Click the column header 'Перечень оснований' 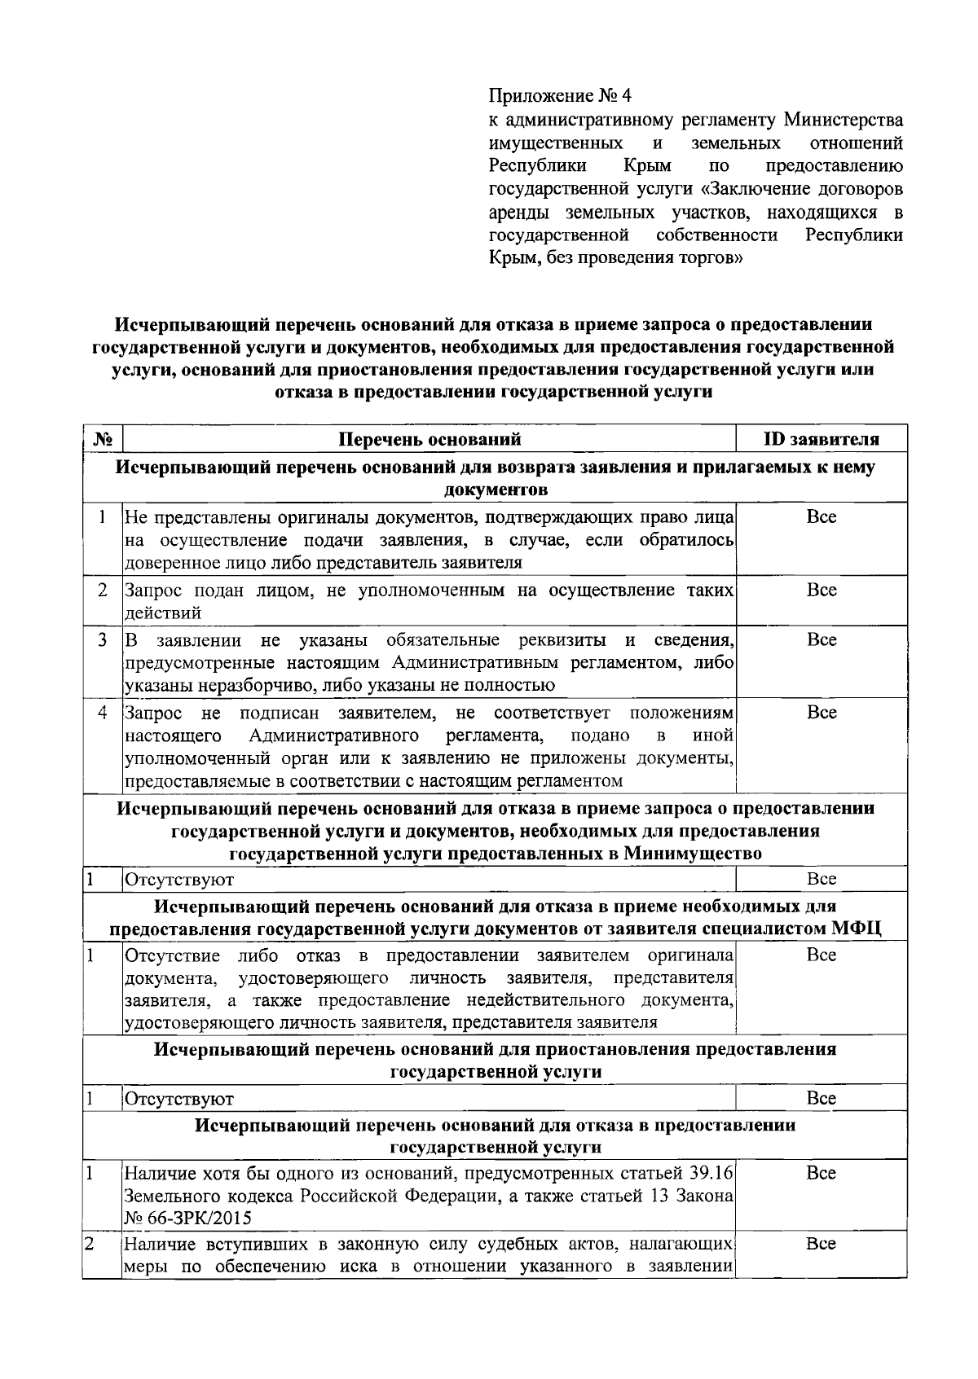point(430,440)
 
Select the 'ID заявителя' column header point(821,440)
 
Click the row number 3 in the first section point(103,640)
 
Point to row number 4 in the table point(103,713)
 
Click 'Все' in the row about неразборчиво point(821,640)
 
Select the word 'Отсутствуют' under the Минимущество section point(178,880)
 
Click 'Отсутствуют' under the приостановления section point(178,1099)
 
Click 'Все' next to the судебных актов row point(821,1244)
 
